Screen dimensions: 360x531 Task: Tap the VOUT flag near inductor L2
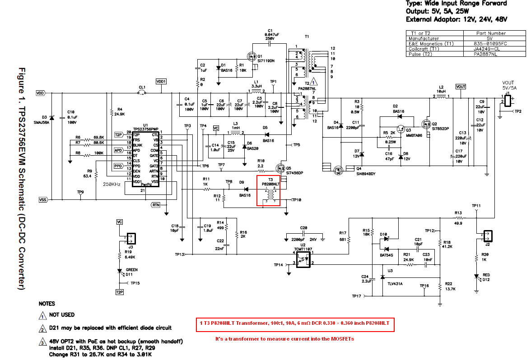[461, 87]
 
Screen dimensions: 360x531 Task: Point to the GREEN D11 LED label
[131, 270]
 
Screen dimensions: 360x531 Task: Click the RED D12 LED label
[486, 275]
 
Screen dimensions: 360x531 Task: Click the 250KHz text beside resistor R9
[113, 184]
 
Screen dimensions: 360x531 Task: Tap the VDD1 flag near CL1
[161, 81]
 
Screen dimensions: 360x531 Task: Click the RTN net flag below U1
[156, 205]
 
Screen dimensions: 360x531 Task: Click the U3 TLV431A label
[395, 284]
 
